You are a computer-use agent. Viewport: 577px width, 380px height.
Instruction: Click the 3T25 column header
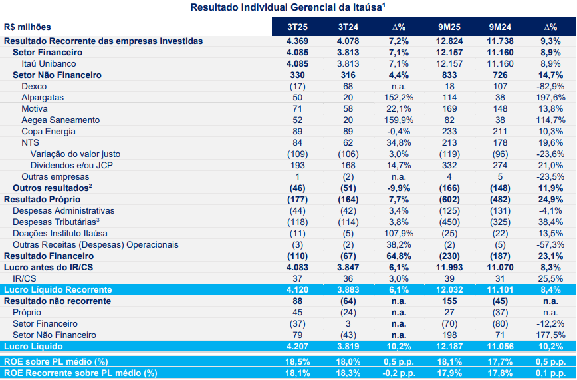297,27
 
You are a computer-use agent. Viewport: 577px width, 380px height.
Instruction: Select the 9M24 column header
499,27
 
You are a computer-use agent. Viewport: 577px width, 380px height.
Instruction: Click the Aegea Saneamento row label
60,120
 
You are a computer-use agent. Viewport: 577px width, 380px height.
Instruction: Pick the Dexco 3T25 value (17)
297,87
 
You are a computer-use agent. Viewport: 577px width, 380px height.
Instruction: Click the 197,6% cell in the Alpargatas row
550,98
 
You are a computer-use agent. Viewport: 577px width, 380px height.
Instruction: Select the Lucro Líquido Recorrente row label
58,290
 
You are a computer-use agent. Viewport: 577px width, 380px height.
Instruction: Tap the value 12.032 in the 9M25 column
450,290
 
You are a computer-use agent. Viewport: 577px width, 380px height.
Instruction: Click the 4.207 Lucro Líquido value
297,347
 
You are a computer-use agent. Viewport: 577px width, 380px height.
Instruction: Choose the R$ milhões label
27,27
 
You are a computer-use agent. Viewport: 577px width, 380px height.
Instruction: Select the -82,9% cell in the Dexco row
550,87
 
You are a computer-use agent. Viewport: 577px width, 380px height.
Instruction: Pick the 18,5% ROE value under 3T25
297,361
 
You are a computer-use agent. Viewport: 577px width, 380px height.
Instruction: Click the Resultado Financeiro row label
48,256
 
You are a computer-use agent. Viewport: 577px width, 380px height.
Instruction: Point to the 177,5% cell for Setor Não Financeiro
550,335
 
